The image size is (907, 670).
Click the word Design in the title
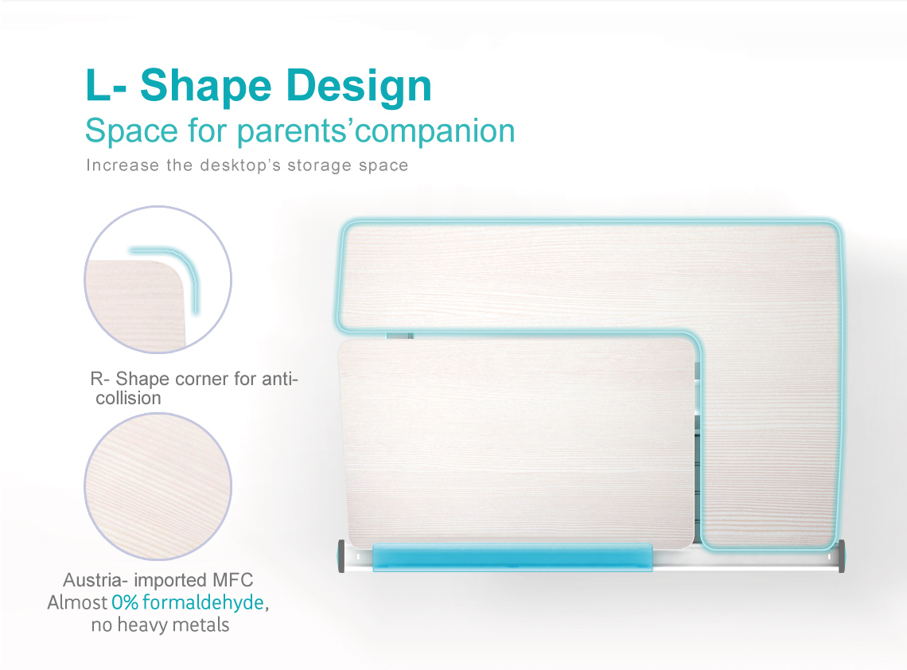point(359,87)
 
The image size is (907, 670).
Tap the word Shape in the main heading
point(206,87)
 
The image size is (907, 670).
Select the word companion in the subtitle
point(435,131)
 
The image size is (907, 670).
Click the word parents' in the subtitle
point(296,131)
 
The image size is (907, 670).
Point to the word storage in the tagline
point(319,166)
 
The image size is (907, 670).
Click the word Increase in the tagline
point(122,165)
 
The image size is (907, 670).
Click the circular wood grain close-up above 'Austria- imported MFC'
point(158,486)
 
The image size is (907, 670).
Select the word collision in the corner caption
point(128,398)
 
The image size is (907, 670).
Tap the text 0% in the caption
point(125,602)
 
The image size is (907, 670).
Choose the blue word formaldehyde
point(203,602)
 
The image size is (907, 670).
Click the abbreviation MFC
point(232,580)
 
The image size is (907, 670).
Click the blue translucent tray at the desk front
point(512,556)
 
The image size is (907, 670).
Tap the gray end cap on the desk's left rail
point(341,556)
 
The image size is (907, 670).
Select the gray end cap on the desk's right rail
point(841,556)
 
